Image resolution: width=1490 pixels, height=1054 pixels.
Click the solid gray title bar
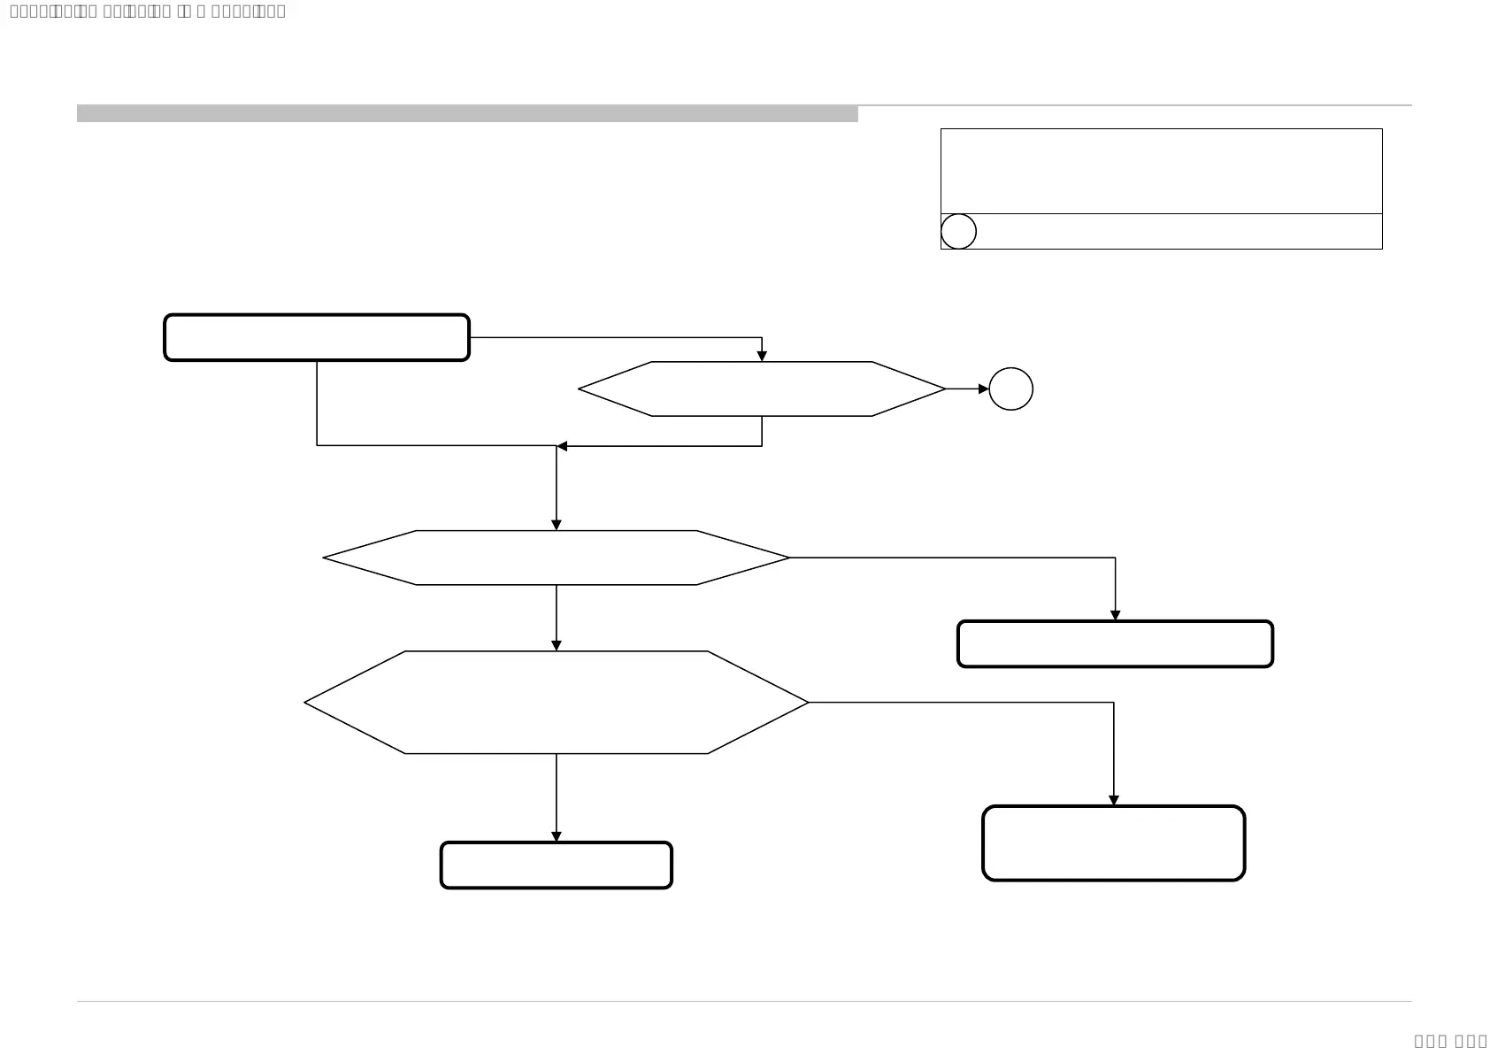click(467, 113)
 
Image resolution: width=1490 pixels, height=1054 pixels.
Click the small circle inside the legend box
click(958, 231)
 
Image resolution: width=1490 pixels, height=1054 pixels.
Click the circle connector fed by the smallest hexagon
click(1010, 389)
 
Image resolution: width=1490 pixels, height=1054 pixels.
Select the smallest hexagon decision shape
click(762, 389)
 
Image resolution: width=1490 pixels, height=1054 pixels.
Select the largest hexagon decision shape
click(557, 703)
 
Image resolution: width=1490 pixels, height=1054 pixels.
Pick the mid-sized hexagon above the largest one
click(557, 558)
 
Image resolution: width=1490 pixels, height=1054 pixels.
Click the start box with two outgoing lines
click(317, 337)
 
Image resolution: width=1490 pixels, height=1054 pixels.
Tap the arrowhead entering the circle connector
click(984, 389)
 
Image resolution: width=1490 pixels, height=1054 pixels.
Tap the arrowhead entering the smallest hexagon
click(762, 357)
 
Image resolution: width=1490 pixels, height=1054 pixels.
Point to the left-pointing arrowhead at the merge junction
click(562, 446)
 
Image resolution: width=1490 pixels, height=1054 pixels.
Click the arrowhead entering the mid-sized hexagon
click(557, 526)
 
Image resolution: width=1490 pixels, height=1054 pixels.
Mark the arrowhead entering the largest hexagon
click(557, 646)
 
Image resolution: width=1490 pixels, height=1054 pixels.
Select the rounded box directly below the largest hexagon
click(557, 865)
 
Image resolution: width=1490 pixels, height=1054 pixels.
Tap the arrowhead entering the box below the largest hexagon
click(557, 837)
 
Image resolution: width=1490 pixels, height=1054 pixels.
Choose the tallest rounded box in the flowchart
click(1113, 843)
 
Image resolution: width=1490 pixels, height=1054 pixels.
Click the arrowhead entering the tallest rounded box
click(1113, 801)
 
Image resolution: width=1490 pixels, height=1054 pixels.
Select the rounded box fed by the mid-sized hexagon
click(1115, 644)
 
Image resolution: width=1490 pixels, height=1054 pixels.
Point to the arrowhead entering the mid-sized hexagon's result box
click(1115, 616)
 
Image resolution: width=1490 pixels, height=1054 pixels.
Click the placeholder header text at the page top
click(148, 12)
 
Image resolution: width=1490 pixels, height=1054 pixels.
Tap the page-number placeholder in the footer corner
click(1450, 1041)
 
